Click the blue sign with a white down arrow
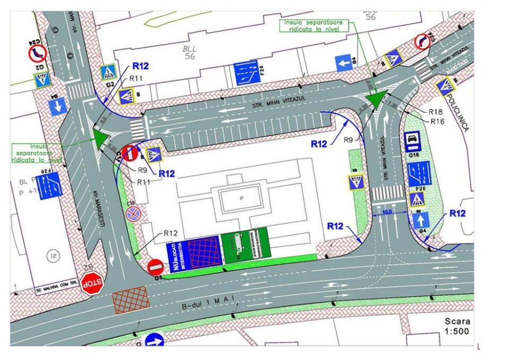coord(58,106)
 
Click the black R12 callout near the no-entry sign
coord(170,232)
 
